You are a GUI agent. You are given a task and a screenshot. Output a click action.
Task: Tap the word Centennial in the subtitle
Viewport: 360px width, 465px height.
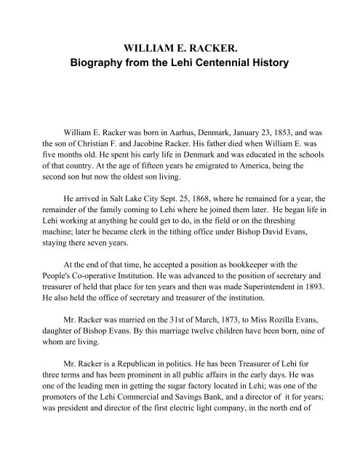pyautogui.click(x=225, y=64)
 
